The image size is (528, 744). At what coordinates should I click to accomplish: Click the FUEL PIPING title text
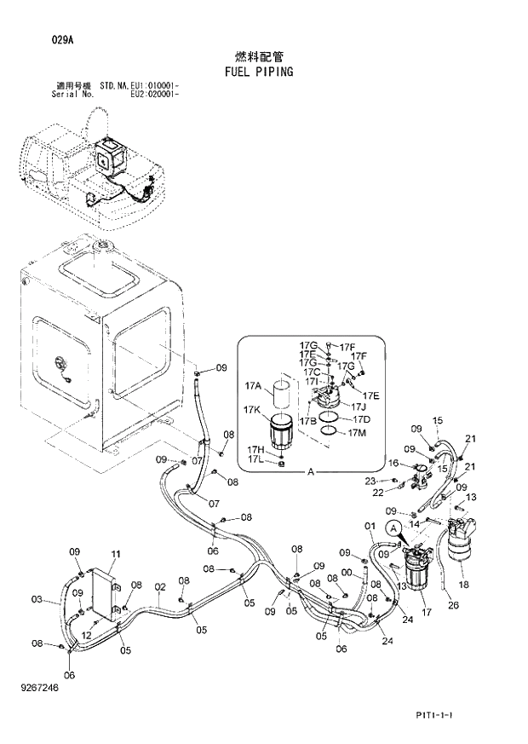click(259, 72)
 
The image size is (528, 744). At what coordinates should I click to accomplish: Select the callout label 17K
click(251, 410)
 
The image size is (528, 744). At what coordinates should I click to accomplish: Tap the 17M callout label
click(359, 432)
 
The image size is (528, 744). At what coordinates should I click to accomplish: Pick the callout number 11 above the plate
click(116, 555)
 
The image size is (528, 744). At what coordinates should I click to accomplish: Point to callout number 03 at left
click(37, 599)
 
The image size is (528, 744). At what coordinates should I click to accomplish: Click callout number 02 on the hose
click(159, 586)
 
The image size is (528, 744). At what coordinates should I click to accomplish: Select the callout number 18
click(463, 585)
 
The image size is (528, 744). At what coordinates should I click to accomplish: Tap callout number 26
click(453, 605)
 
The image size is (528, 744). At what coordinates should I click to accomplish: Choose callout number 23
click(370, 482)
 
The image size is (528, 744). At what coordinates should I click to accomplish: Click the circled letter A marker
click(393, 529)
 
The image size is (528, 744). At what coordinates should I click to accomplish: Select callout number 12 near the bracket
click(86, 635)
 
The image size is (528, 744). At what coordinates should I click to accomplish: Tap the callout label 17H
click(255, 449)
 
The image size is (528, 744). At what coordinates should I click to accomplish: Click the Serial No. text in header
click(72, 94)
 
